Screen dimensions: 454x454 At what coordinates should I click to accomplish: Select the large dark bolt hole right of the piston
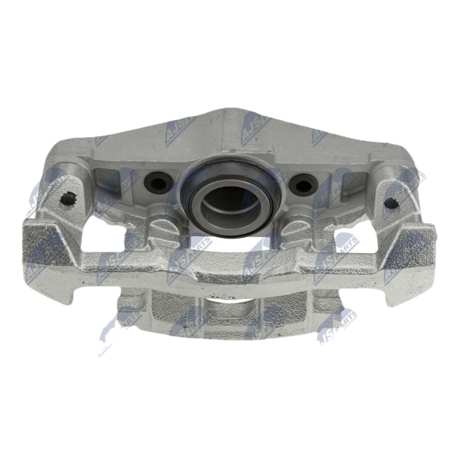coord(302,184)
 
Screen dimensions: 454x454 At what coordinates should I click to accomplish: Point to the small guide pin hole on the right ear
coord(389,201)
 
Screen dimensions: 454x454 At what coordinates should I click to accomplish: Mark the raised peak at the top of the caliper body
coord(227,116)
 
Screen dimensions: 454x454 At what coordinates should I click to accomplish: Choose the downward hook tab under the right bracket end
coord(397,292)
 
